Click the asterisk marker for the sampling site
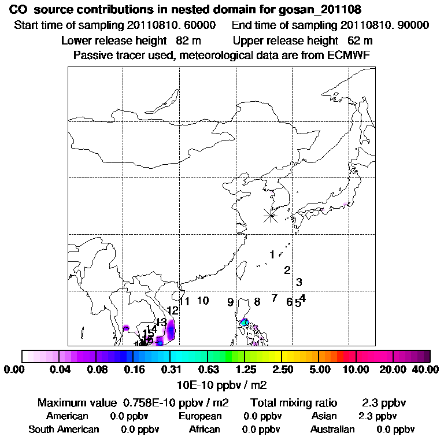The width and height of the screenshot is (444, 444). pyautogui.click(x=271, y=216)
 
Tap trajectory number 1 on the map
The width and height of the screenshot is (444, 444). pyautogui.click(x=272, y=254)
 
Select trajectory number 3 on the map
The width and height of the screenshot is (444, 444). pyautogui.click(x=299, y=282)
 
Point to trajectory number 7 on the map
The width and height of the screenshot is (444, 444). pyautogui.click(x=275, y=298)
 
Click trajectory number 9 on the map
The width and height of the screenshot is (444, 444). pyautogui.click(x=230, y=302)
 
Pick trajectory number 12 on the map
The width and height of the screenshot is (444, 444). pyautogui.click(x=172, y=311)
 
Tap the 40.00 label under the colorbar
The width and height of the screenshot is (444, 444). pyautogui.click(x=425, y=369)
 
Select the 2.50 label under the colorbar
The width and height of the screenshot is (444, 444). pyautogui.click(x=282, y=369)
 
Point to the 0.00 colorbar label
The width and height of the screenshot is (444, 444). pyautogui.click(x=15, y=369)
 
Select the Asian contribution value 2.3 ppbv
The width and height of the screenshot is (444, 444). pyautogui.click(x=378, y=416)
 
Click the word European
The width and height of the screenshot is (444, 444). pyautogui.click(x=200, y=416)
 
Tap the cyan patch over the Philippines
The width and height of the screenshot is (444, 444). pyautogui.click(x=245, y=322)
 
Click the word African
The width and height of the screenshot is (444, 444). pyautogui.click(x=205, y=430)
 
